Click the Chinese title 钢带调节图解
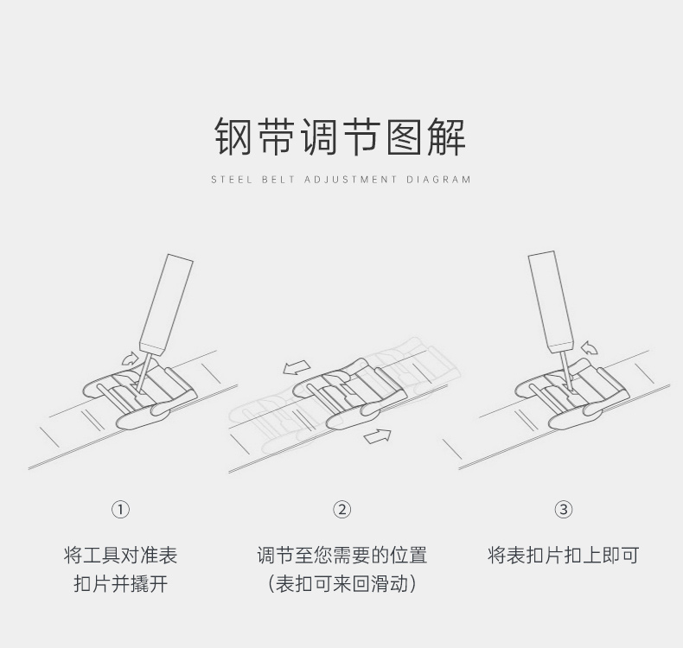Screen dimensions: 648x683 pyautogui.click(x=341, y=137)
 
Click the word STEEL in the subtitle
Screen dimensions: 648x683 pyautogui.click(x=229, y=180)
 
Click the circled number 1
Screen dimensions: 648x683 pyautogui.click(x=121, y=510)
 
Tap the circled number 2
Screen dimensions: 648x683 pyautogui.click(x=342, y=510)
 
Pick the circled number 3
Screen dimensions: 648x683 pyautogui.click(x=564, y=510)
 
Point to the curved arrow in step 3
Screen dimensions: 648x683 pyautogui.click(x=590, y=348)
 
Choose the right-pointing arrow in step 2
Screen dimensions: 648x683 pyautogui.click(x=377, y=436)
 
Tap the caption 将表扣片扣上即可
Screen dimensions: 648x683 pyautogui.click(x=563, y=556)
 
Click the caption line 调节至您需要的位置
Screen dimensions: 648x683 pyautogui.click(x=342, y=556)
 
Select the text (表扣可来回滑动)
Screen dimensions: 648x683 pyautogui.click(x=342, y=584)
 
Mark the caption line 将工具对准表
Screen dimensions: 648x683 pyautogui.click(x=121, y=556)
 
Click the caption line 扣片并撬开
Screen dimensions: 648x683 pyautogui.click(x=121, y=584)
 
